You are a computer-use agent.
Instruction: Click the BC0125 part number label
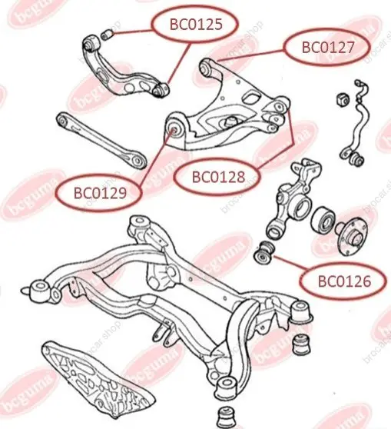pyautogui.click(x=196, y=25)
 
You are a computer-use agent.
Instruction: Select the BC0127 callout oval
pyautogui.click(x=327, y=47)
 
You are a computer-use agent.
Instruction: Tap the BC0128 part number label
pyautogui.click(x=218, y=177)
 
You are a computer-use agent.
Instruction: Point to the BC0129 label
pyautogui.click(x=100, y=193)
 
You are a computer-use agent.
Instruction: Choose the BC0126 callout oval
pyautogui.click(x=344, y=281)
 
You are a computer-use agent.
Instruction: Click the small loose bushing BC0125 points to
pyautogui.click(x=108, y=35)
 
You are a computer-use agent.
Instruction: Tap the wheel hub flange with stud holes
pyautogui.click(x=352, y=234)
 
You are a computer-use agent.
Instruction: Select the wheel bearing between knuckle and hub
pyautogui.click(x=323, y=221)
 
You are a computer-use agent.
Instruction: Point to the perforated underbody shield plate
pyautogui.click(x=96, y=380)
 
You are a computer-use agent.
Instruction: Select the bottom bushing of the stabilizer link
pyautogui.click(x=356, y=159)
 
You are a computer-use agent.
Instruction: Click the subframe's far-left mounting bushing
pyautogui.click(x=41, y=289)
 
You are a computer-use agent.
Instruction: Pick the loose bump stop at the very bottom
pyautogui.click(x=227, y=417)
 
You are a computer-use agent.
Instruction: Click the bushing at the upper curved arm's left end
pyautogui.click(x=91, y=43)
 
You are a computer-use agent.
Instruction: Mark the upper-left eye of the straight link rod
pyautogui.click(x=63, y=120)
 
